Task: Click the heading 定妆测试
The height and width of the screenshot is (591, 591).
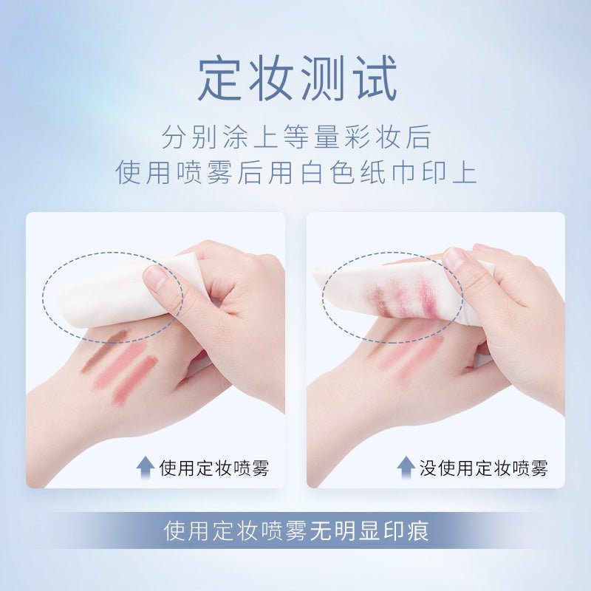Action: pyautogui.click(x=298, y=78)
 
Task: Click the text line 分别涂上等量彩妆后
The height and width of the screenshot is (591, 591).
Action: pyautogui.click(x=296, y=137)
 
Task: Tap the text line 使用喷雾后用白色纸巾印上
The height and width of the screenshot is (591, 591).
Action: pyautogui.click(x=296, y=173)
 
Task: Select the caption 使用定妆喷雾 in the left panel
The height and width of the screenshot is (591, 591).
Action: pyautogui.click(x=214, y=468)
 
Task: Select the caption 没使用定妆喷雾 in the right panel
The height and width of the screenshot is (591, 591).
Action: pyautogui.click(x=484, y=468)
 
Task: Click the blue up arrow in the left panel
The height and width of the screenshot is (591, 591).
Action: pyautogui.click(x=145, y=468)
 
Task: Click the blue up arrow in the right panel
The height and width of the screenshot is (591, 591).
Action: pyautogui.click(x=406, y=468)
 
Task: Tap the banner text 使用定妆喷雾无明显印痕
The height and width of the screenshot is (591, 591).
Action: pyautogui.click(x=296, y=530)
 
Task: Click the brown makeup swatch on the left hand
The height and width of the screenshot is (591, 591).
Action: pyautogui.click(x=103, y=352)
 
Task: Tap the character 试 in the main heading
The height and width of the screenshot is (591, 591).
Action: pyautogui.click(x=376, y=78)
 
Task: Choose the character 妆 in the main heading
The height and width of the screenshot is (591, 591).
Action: pyautogui.click(x=272, y=78)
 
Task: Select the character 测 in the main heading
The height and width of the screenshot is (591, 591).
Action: pyautogui.click(x=324, y=78)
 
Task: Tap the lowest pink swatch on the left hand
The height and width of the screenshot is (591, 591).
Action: pyautogui.click(x=134, y=380)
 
